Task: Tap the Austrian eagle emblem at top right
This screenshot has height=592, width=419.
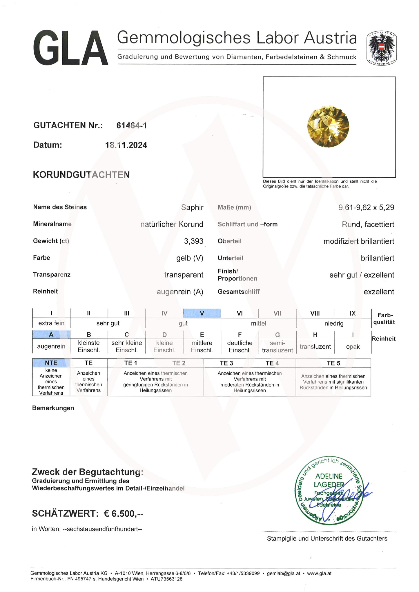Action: point(381,48)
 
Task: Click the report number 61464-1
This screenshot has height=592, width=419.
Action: point(131,125)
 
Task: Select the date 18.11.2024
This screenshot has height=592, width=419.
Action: point(126,145)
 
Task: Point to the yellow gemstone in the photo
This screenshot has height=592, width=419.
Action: point(328,126)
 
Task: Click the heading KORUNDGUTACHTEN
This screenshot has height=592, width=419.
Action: point(81,175)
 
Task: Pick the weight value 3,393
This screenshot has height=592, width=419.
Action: point(194,241)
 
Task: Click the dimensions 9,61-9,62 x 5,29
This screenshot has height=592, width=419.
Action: point(366,207)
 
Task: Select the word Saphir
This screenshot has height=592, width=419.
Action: point(192,207)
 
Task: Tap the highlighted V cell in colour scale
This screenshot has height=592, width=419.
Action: point(202,313)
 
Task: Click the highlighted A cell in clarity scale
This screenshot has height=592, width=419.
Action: point(51,335)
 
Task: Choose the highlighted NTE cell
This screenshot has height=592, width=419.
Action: point(51,363)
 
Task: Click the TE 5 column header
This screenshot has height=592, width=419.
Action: point(333,363)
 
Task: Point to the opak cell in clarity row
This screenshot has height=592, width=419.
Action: point(353,347)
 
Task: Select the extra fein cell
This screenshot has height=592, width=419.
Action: point(51,323)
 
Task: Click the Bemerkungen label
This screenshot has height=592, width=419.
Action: point(53,408)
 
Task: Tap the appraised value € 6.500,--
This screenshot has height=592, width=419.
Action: point(124,514)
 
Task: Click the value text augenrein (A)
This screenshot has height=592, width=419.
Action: point(180,292)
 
